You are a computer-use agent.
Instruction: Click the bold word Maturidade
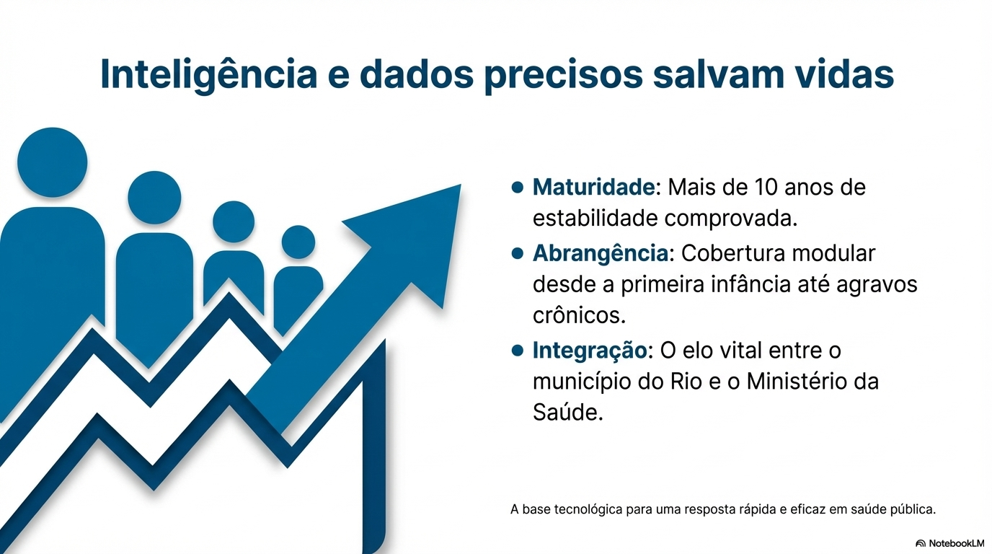(593, 188)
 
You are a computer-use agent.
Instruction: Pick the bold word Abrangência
(600, 254)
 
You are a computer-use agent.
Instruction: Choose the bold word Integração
(590, 351)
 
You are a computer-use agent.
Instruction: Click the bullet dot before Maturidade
(516, 188)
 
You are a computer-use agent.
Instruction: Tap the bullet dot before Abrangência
(516, 253)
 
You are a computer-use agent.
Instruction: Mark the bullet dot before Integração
(516, 351)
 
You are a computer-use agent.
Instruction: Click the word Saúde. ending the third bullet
(567, 413)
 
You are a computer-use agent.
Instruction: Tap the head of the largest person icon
(52, 162)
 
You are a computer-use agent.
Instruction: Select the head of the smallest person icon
(298, 242)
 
